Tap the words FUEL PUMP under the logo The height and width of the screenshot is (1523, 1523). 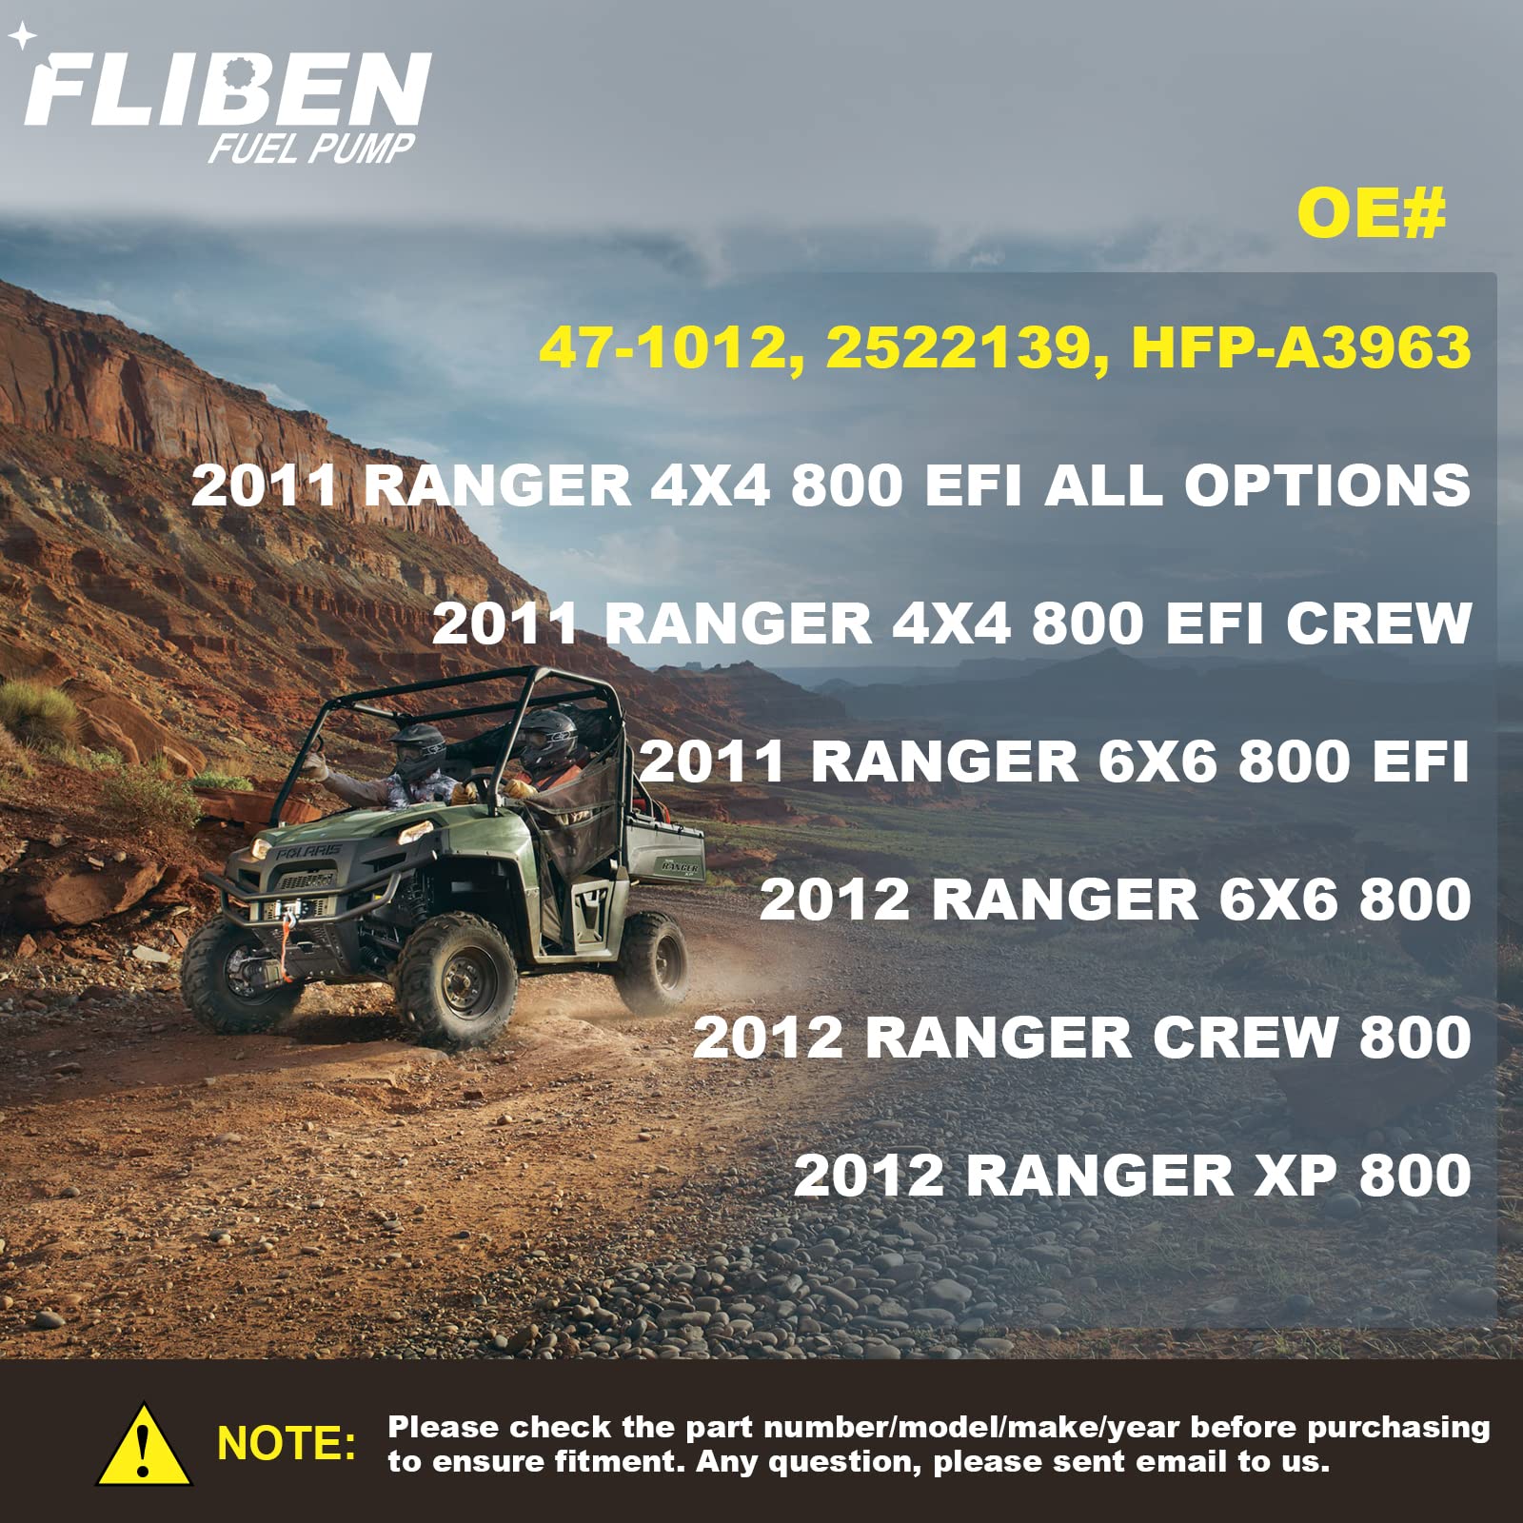point(312,148)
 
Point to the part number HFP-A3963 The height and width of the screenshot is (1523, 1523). point(1300,346)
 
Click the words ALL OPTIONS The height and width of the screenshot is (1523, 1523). point(1257,485)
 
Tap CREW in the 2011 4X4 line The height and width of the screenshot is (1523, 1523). point(1378,623)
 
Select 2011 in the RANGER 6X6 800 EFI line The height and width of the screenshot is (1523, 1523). point(712,761)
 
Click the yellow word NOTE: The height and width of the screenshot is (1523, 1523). point(287,1444)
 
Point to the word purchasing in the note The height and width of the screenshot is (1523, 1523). point(1398,1428)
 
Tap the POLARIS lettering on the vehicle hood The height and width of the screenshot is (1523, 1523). point(308,850)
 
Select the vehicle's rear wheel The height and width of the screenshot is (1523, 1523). point(652,963)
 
